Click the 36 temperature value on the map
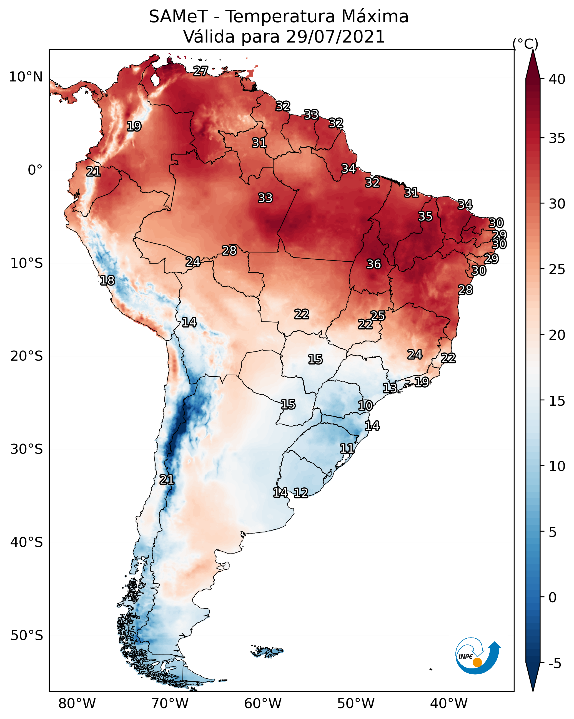pyautogui.click(x=374, y=264)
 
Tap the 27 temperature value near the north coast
pyautogui.click(x=200, y=71)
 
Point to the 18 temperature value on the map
pyautogui.click(x=107, y=281)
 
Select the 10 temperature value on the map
pyautogui.click(x=365, y=406)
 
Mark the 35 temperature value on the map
pyautogui.click(x=425, y=216)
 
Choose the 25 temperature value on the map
pyautogui.click(x=378, y=316)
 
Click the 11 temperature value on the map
pyautogui.click(x=347, y=448)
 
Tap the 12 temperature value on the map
pyautogui.click(x=301, y=493)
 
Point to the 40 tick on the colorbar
pyautogui.click(x=557, y=79)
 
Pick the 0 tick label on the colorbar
pyautogui.click(x=552, y=597)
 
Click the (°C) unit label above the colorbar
pyautogui.click(x=525, y=44)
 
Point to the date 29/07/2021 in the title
pyautogui.click(x=335, y=37)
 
